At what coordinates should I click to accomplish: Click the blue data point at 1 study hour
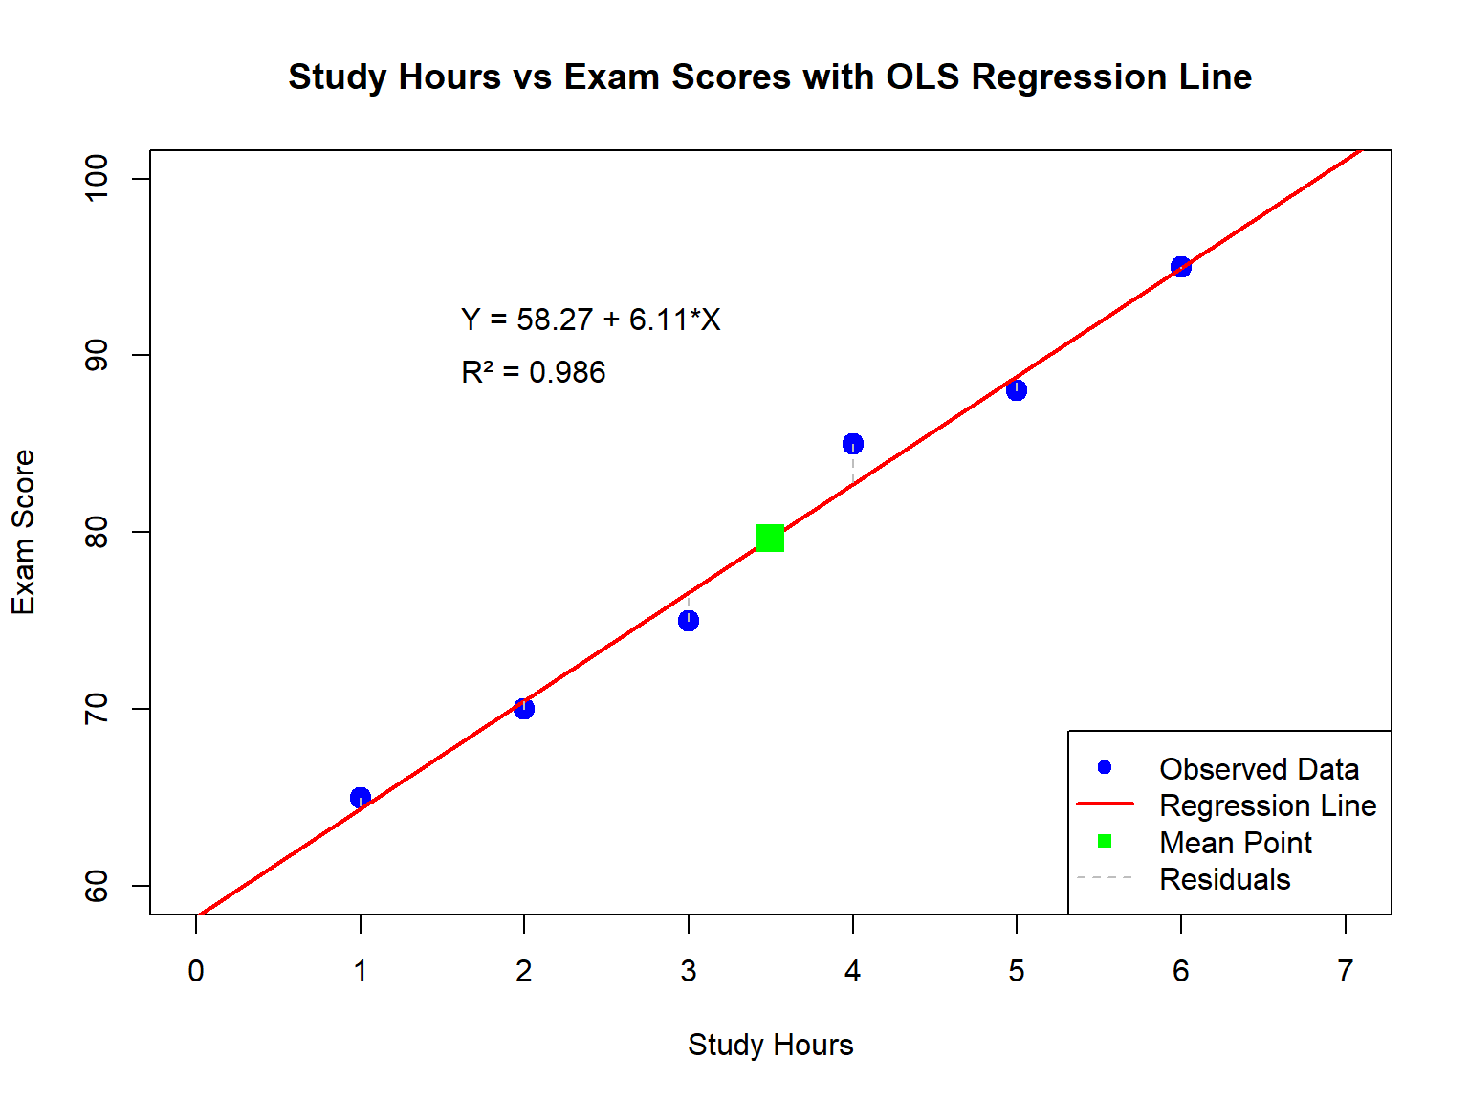tap(361, 798)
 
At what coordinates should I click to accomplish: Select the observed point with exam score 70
tap(524, 709)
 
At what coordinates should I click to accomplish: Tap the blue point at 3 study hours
tap(689, 621)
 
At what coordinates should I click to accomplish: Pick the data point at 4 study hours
tap(853, 444)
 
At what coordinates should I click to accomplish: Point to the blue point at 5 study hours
tap(1017, 390)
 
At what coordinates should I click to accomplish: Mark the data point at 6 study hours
tap(1181, 267)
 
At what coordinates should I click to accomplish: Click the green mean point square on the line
tap(770, 539)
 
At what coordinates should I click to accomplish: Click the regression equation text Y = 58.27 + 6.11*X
tap(590, 320)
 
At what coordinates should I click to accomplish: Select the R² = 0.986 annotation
tap(533, 372)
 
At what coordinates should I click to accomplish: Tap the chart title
tap(770, 77)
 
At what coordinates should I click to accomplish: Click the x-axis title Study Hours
tap(770, 1045)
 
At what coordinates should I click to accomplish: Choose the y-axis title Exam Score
tap(23, 532)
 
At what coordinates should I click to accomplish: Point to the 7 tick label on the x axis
tap(1346, 971)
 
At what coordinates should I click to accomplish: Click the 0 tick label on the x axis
tap(196, 971)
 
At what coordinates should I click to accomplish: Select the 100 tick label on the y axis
tap(98, 179)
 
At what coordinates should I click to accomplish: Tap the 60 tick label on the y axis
tap(98, 886)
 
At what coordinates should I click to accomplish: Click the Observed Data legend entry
tap(1259, 769)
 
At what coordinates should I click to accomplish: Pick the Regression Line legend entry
tap(1267, 805)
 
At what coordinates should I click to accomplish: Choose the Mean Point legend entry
tap(1235, 843)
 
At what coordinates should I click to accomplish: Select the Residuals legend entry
tap(1224, 879)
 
